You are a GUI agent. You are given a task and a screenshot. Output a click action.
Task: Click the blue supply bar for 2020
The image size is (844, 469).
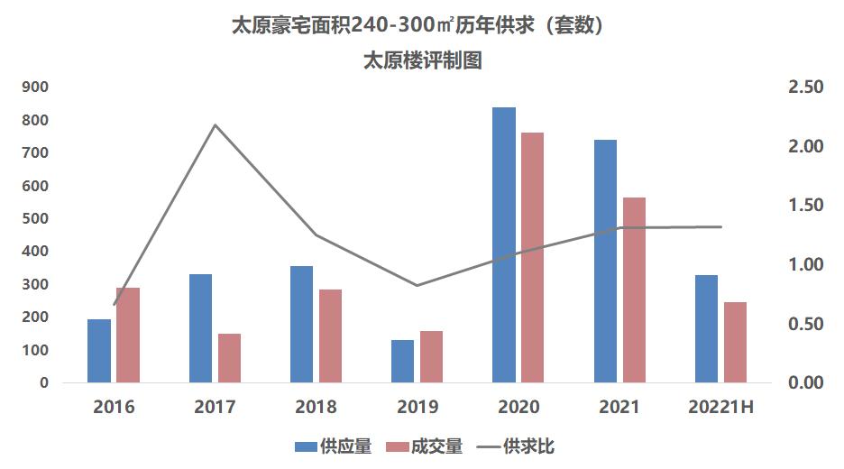[504, 244]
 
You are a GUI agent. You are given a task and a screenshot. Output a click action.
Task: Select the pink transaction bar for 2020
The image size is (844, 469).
[533, 257]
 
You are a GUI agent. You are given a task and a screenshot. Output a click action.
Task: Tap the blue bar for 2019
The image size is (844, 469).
[402, 361]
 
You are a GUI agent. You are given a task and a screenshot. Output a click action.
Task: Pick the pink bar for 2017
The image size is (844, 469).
[229, 358]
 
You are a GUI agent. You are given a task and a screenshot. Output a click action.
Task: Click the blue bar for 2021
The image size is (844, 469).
[605, 261]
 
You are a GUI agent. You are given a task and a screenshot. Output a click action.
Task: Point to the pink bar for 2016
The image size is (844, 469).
[128, 335]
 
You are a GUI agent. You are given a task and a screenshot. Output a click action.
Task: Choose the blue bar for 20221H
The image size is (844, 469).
[706, 328]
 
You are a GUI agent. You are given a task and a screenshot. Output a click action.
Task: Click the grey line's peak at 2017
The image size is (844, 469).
[215, 125]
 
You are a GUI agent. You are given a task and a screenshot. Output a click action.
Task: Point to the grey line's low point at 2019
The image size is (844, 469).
[417, 285]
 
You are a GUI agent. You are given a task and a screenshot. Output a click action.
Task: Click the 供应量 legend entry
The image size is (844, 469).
[333, 446]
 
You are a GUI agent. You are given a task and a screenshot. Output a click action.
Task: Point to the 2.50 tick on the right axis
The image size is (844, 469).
[805, 87]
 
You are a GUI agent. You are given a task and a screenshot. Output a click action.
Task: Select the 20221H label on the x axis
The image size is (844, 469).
[720, 407]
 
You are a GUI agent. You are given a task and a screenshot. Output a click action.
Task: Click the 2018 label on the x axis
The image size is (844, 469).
[316, 407]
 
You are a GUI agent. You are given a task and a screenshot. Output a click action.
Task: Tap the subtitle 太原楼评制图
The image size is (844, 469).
[422, 60]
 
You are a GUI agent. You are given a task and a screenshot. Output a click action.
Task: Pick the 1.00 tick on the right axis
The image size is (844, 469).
[805, 265]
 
